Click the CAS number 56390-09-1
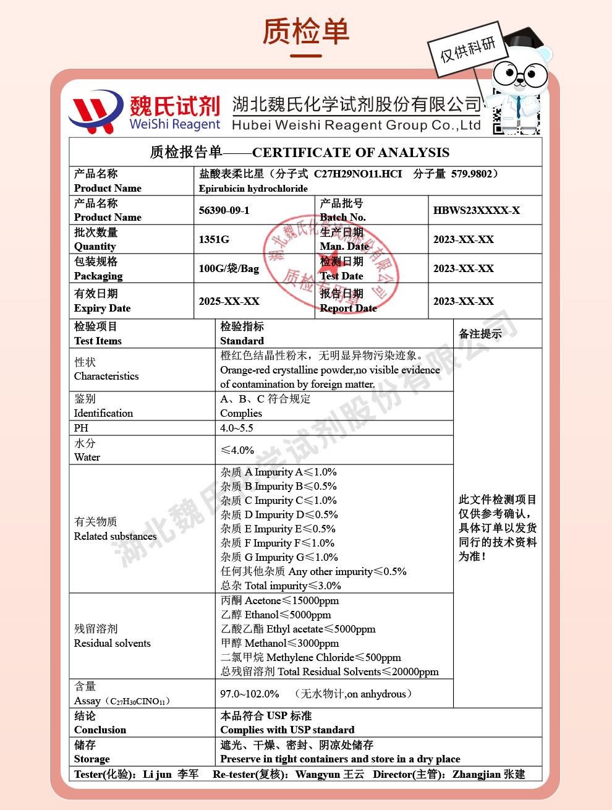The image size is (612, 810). click(x=224, y=210)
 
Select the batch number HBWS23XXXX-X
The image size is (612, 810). click(x=476, y=210)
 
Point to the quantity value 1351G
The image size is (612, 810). click(x=214, y=239)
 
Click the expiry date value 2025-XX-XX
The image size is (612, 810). click(x=229, y=301)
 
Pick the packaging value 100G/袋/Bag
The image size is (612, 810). click(x=229, y=268)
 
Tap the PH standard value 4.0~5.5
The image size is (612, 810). click(x=237, y=428)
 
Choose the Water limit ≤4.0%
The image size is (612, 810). click(x=237, y=450)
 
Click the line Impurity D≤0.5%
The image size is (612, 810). click(x=279, y=514)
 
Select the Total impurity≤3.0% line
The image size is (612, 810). click(x=281, y=586)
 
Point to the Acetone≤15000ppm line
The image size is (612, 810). click(x=279, y=600)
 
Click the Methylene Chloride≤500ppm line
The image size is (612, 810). click(x=310, y=657)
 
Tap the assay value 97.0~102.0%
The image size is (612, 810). click(x=250, y=694)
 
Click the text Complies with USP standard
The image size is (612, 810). click(x=287, y=730)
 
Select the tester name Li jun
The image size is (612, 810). click(x=157, y=774)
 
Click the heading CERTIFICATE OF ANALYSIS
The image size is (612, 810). click(x=351, y=152)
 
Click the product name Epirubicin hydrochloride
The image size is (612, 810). click(x=253, y=188)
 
